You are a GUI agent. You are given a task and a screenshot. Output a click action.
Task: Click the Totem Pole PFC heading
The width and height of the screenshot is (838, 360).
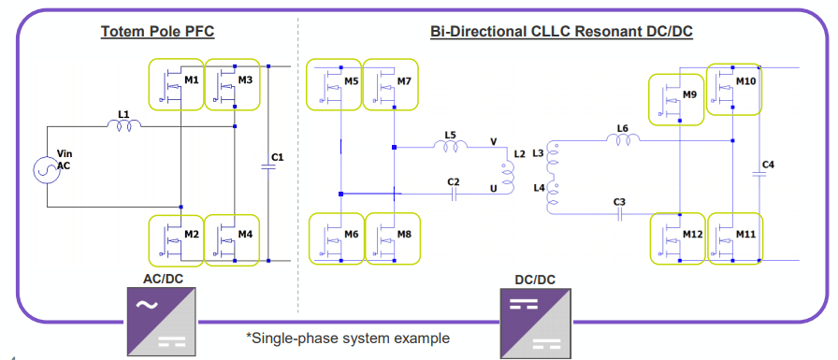[x=157, y=33]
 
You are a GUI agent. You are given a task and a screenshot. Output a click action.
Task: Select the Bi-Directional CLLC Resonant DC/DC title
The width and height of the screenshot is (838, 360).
[x=561, y=33]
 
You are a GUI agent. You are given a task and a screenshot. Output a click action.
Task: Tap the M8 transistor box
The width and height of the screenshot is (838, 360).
[x=391, y=239]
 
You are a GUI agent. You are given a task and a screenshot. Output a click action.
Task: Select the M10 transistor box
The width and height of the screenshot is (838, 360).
[x=733, y=89]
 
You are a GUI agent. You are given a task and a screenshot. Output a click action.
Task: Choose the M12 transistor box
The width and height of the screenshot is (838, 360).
[x=678, y=238]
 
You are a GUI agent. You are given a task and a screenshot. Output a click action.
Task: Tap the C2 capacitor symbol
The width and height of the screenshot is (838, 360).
[x=454, y=194]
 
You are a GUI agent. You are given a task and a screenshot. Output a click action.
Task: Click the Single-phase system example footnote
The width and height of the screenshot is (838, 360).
[x=348, y=338]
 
